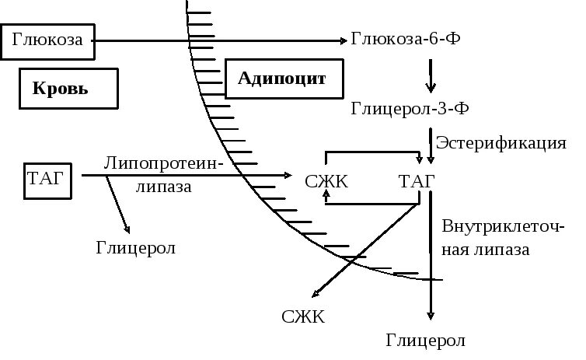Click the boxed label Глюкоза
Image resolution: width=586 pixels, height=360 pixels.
click(47, 41)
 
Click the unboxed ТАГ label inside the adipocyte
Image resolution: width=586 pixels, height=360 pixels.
click(416, 182)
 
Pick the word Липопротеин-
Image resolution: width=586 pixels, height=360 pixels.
click(163, 163)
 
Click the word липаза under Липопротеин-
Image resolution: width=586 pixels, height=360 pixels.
click(163, 187)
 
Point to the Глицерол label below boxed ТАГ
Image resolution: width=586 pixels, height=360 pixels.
click(136, 248)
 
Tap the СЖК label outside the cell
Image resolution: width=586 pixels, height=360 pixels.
click(304, 316)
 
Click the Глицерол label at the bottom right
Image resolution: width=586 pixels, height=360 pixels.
click(426, 341)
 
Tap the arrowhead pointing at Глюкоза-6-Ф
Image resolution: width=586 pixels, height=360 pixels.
click(344, 40)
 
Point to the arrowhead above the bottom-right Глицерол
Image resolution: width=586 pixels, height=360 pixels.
click(430, 316)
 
